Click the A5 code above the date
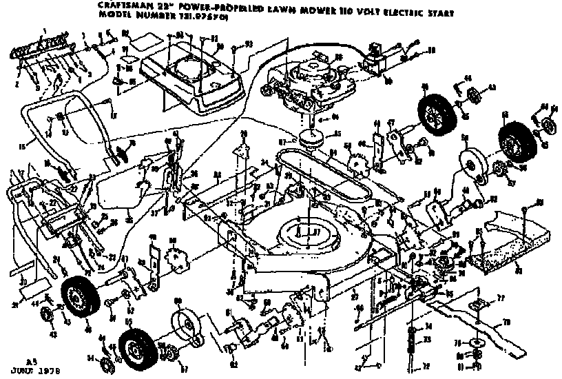(30, 360)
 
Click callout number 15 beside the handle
(21, 146)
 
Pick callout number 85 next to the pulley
(337, 134)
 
